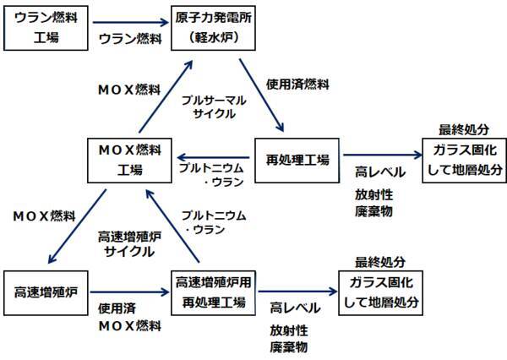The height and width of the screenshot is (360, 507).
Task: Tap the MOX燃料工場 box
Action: click(x=128, y=159)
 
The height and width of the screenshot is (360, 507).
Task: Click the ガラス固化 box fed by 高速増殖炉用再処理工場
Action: click(x=380, y=292)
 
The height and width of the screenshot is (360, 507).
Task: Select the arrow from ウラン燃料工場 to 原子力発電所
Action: click(x=128, y=25)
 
